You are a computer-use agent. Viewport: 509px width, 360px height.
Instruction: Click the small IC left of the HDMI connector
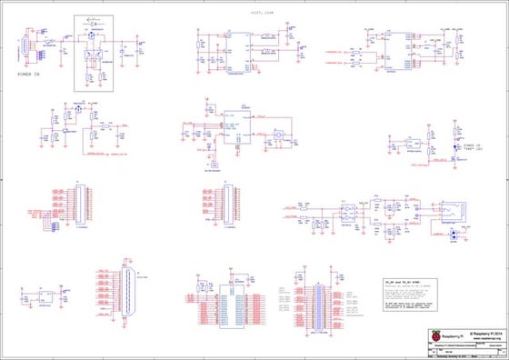click(x=44, y=295)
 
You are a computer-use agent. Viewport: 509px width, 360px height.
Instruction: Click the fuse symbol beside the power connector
click(x=47, y=42)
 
